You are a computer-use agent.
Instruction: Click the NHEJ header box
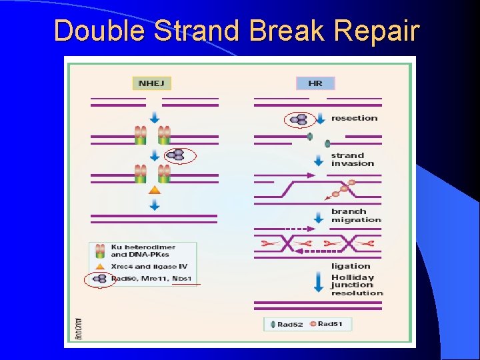[153, 83]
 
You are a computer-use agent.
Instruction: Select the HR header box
[315, 83]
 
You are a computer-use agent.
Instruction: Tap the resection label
[354, 118]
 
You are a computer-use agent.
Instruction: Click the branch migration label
[356, 215]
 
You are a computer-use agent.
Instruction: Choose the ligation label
[351, 266]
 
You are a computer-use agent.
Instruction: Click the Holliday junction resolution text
[357, 285]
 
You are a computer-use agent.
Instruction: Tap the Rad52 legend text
[291, 325]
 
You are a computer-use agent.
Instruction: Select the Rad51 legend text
[330, 325]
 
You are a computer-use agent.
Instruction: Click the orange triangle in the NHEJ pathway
[155, 190]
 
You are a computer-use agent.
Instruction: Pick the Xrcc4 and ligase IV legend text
[144, 266]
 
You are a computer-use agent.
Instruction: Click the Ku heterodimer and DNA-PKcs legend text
[140, 251]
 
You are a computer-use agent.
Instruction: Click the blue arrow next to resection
[321, 119]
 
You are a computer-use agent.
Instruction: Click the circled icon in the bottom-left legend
[100, 279]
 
